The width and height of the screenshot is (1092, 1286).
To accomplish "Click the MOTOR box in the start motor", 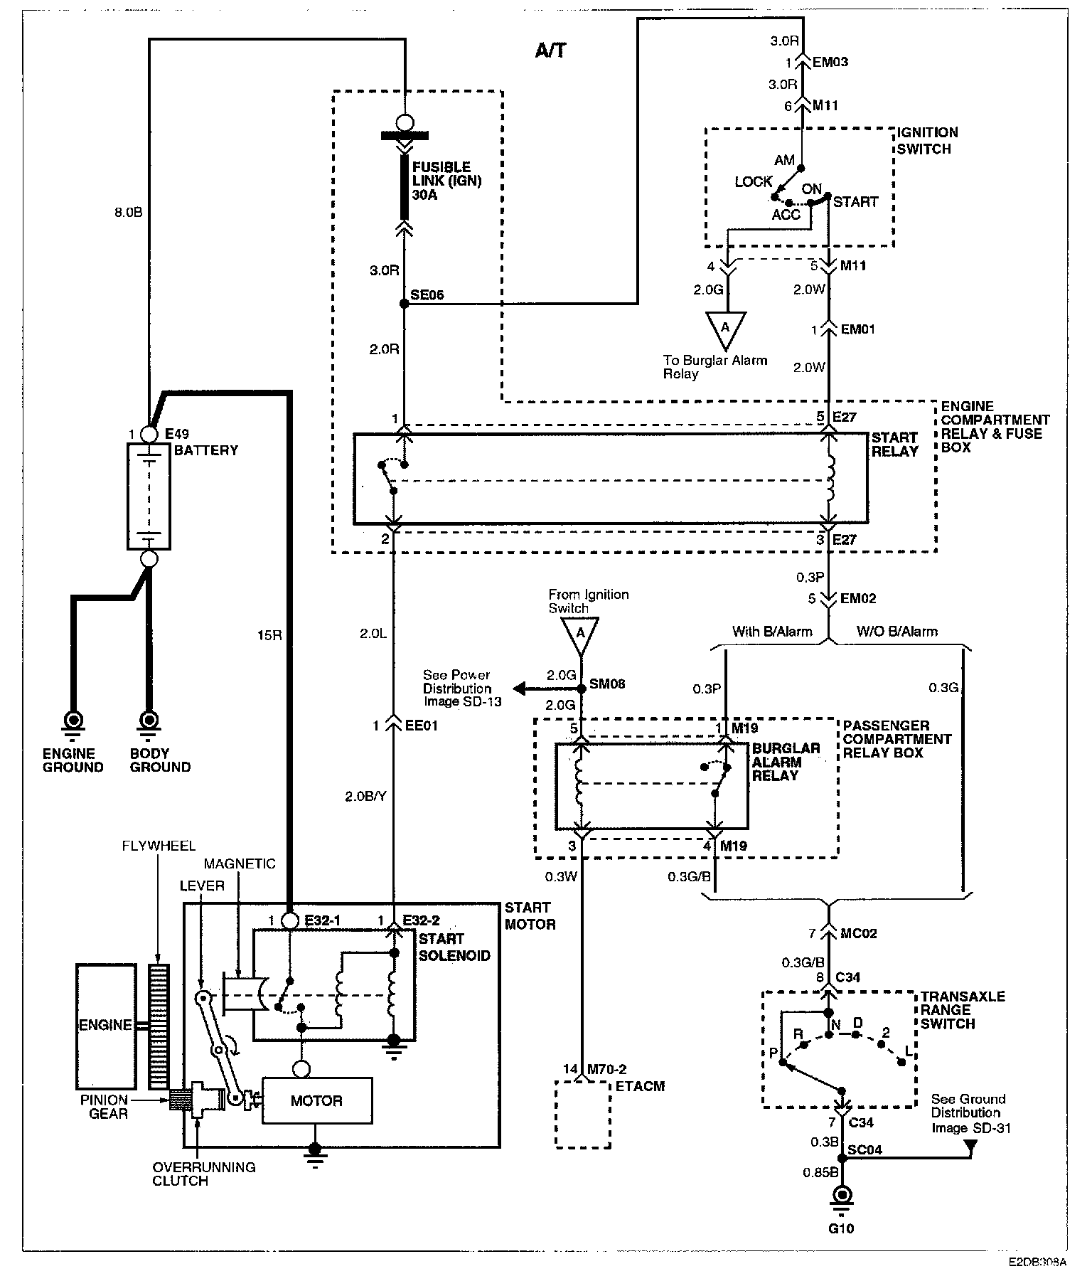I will [317, 1100].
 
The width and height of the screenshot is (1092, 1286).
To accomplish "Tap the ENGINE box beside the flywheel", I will [105, 1026].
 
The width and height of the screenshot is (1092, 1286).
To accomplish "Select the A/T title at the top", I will [550, 51].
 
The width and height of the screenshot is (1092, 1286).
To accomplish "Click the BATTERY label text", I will [206, 450].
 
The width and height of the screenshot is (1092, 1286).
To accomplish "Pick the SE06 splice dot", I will [404, 304].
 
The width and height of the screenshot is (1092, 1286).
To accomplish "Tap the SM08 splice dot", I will [582, 689].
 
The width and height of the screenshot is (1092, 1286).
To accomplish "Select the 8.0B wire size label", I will [129, 212].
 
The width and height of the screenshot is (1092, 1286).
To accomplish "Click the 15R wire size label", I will [269, 635].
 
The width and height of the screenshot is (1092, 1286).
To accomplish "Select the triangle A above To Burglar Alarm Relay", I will [726, 328].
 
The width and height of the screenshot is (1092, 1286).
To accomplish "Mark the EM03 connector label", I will [830, 62].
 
